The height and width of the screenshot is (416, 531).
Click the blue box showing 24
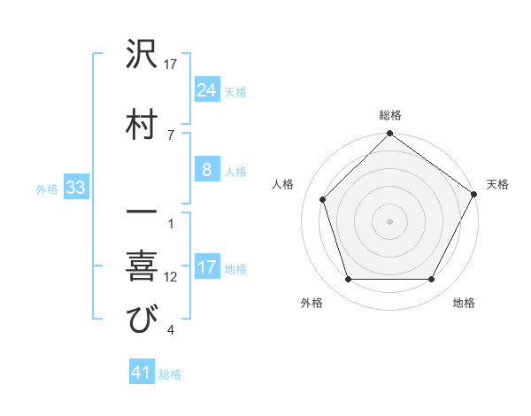[207, 90]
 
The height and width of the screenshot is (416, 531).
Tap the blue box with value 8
[207, 170]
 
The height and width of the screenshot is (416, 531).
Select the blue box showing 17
[207, 267]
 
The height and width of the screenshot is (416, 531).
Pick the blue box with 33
[74, 188]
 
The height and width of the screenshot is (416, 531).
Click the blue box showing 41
[142, 373]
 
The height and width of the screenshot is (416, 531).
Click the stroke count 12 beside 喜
[170, 277]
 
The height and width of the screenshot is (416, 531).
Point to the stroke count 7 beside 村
[170, 135]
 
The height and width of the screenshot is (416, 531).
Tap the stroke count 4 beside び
[170, 331]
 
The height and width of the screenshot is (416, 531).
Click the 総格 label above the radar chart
[389, 115]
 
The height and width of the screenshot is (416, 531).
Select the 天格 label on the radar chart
[497, 184]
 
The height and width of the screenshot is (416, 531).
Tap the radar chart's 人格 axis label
[283, 184]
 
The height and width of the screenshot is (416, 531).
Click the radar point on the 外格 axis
[348, 280]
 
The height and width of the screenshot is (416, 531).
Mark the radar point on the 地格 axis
[432, 280]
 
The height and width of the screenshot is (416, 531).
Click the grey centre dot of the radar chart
[389, 220]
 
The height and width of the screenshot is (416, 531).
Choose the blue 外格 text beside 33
[47, 189]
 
